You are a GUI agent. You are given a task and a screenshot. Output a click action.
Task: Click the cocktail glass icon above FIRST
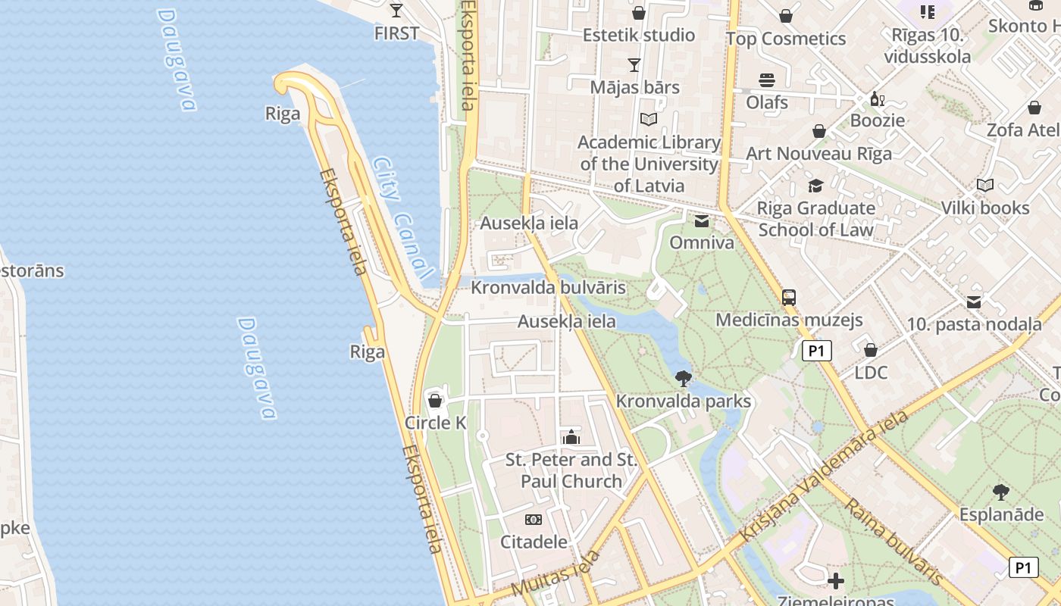(396, 10)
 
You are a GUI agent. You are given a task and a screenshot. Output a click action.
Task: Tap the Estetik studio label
(638, 35)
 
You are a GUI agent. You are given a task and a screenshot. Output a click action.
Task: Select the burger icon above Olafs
(767, 80)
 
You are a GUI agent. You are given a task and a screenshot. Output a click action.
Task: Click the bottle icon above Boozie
(877, 98)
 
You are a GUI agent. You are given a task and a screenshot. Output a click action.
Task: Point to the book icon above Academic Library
(648, 119)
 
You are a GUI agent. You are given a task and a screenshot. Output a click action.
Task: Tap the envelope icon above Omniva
(702, 220)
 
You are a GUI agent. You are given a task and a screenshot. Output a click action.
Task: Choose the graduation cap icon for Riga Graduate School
(815, 186)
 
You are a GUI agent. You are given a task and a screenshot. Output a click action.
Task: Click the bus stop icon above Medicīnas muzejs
(789, 297)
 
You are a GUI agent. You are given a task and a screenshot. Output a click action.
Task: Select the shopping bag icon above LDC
(871, 350)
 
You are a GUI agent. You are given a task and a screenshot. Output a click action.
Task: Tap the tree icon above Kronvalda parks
(683, 378)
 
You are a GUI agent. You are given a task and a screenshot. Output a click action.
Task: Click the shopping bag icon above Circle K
(435, 400)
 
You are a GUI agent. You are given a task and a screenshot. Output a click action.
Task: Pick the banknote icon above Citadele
(534, 520)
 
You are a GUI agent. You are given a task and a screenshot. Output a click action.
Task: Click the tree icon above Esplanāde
(1001, 492)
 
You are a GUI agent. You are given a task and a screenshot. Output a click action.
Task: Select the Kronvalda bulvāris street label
(548, 288)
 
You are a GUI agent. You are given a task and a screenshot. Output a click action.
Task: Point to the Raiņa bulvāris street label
(894, 542)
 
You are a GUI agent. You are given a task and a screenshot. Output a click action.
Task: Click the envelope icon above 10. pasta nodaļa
(974, 302)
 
